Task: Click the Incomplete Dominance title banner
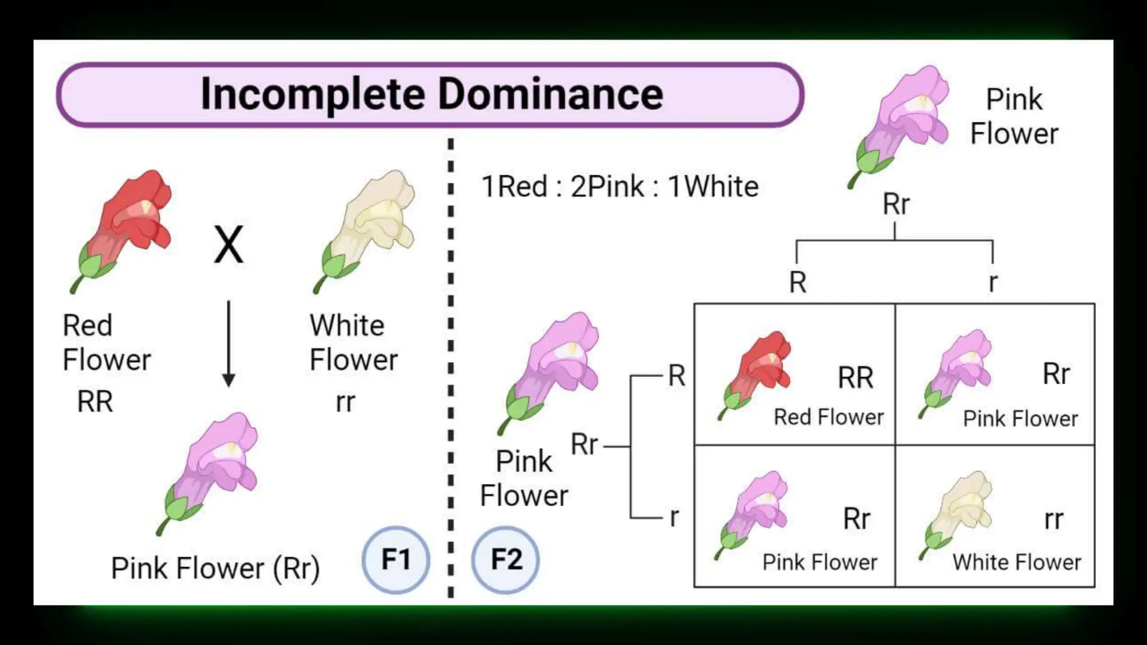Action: [x=430, y=94]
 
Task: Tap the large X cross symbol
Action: [x=229, y=245]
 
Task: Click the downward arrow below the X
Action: [x=229, y=344]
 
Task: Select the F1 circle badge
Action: [x=396, y=559]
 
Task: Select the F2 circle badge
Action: [x=506, y=559]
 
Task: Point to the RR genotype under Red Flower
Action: [x=95, y=401]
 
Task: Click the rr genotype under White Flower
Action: [x=346, y=401]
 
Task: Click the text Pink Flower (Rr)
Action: [x=216, y=568]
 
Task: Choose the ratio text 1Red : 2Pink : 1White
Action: [x=620, y=186]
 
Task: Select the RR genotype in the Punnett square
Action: [x=855, y=378]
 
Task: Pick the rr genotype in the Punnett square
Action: [x=1053, y=520]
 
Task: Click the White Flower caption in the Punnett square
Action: [x=1017, y=562]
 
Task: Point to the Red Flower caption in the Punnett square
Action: [x=829, y=417]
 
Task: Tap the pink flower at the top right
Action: [x=902, y=123]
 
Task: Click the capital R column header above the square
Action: [x=798, y=282]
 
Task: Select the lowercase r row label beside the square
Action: [x=674, y=517]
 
